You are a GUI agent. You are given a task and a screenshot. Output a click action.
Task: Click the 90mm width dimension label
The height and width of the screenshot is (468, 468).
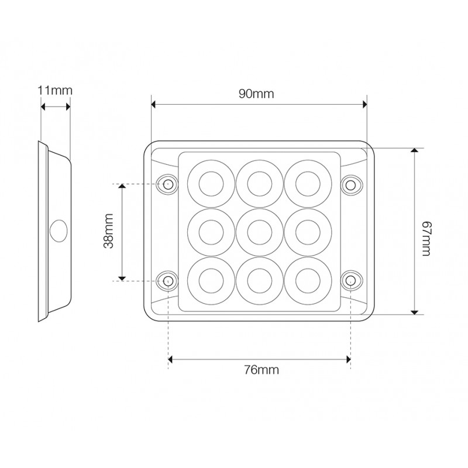coord(256,94)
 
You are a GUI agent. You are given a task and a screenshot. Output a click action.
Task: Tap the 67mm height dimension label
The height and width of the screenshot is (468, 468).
coord(427,239)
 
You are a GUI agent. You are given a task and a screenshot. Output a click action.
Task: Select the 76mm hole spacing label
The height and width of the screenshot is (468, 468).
coord(261,370)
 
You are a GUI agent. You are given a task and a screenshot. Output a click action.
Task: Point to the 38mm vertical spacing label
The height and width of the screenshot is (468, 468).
coord(108,230)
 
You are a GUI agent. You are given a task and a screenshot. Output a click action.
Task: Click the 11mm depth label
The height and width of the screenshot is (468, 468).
coord(55,91)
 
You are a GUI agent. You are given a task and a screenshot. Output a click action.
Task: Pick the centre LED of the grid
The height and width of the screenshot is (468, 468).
coord(260,232)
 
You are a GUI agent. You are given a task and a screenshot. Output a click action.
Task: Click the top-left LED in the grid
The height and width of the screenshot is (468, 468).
coord(211,184)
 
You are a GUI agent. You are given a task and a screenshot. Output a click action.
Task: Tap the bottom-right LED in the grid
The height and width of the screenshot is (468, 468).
coord(308,281)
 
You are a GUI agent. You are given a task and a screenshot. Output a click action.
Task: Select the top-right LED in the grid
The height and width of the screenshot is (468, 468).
coord(308,184)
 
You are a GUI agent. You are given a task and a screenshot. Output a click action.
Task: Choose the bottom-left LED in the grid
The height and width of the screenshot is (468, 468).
coord(211,281)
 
